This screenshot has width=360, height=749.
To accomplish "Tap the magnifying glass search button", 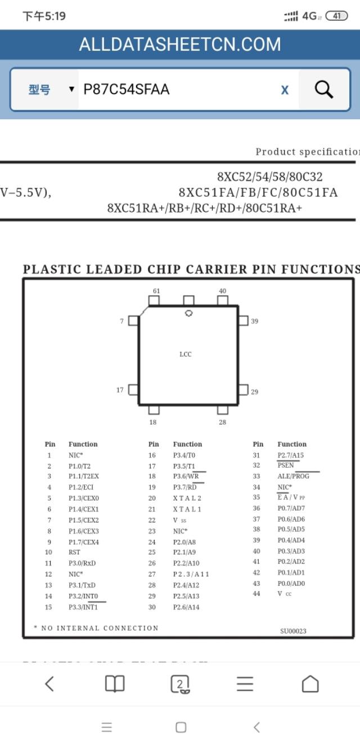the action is coord(323,89).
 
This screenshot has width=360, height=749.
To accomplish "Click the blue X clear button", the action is coord(285,90).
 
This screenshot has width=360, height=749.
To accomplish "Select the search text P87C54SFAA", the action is coord(127,89).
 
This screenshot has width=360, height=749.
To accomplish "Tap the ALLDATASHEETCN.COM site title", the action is coord(179,44).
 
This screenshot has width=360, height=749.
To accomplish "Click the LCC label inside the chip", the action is coord(186,354).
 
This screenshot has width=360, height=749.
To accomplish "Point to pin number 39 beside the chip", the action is coord(255,321).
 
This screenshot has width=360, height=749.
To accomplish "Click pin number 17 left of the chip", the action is coord(120,390).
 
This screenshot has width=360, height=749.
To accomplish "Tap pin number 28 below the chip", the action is coord(222,422).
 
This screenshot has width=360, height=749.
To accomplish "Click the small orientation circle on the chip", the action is coord(189,313).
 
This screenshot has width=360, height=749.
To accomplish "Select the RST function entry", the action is coord(74,552).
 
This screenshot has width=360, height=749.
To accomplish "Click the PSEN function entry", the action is coord(286,466).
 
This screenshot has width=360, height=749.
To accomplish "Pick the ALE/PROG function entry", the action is coord(293,476).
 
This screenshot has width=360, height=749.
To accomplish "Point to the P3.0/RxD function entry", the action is coord(82,563).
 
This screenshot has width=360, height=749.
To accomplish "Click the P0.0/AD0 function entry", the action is coord(291,583).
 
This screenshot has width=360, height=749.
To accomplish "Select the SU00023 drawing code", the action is coord(293,631).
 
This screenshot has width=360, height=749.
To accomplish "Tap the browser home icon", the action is coord(310,684).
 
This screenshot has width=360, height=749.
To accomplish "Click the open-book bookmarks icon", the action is coord(115,684).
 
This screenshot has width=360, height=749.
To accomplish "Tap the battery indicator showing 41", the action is coord(336,16).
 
